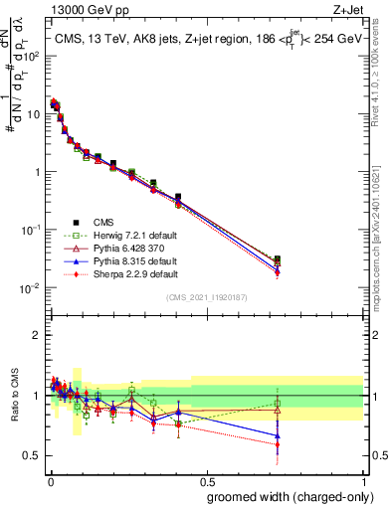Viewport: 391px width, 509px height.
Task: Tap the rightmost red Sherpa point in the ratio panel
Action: click(278, 444)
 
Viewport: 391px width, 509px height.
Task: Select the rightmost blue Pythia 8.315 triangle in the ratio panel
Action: click(278, 434)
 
